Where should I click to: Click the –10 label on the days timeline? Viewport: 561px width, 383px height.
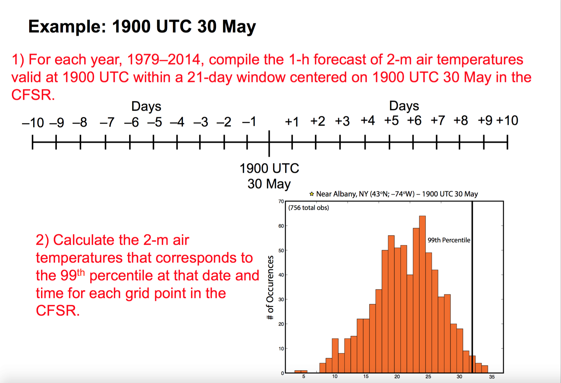click(x=33, y=123)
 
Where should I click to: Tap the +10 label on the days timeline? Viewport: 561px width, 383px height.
click(x=507, y=120)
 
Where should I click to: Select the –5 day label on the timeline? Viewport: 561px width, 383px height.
click(x=155, y=122)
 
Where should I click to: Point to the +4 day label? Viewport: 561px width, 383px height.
click(x=368, y=120)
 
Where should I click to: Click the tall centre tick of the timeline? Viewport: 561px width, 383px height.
click(x=269, y=143)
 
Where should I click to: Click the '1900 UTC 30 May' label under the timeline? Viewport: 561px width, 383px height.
click(x=269, y=176)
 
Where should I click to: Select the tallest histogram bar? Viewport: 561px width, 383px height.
click(x=422, y=294)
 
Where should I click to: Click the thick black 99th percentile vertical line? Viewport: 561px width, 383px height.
click(x=472, y=287)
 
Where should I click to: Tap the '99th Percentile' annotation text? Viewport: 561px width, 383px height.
click(x=449, y=240)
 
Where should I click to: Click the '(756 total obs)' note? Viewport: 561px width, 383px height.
click(x=308, y=208)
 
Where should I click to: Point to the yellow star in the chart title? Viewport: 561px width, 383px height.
click(x=312, y=194)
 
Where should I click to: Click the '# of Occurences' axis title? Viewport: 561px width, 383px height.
click(x=270, y=287)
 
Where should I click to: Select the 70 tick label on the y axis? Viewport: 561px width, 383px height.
click(x=281, y=201)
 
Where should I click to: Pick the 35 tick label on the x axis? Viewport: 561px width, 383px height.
click(x=492, y=377)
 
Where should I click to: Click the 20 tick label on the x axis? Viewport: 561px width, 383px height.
click(x=397, y=377)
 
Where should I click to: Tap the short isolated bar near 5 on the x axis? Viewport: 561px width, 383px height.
click(x=301, y=372)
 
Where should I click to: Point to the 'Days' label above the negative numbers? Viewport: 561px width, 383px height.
click(x=146, y=107)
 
